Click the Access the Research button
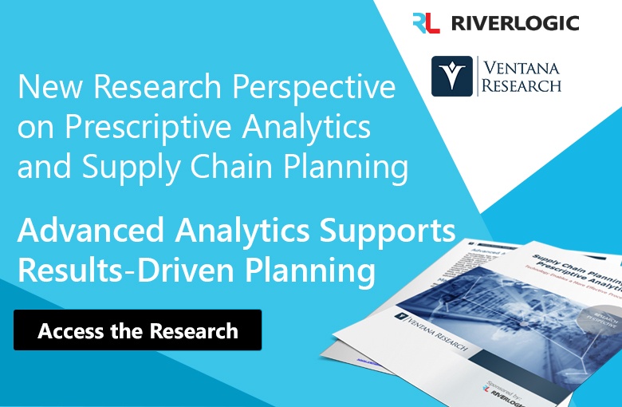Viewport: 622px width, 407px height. [x=137, y=330]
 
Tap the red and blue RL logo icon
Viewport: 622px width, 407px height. [x=426, y=22]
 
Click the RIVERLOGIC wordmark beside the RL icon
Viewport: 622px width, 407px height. [x=514, y=22]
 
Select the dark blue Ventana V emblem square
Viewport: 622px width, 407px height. [x=452, y=76]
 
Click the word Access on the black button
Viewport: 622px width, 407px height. [x=73, y=330]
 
